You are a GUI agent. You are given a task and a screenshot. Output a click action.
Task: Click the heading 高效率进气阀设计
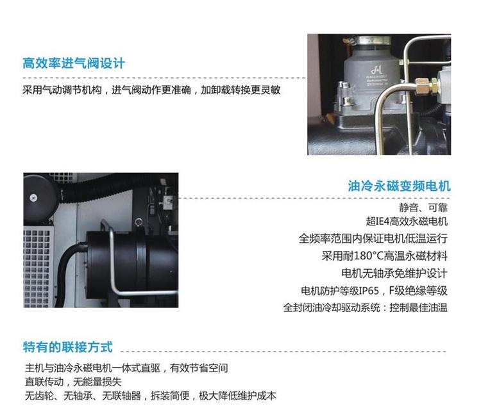click(x=74, y=63)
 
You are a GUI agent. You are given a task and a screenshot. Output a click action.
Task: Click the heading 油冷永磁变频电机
click(x=399, y=186)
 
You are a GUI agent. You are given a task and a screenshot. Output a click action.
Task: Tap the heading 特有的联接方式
click(x=68, y=347)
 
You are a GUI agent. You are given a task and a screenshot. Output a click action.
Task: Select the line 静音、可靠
click(x=423, y=207)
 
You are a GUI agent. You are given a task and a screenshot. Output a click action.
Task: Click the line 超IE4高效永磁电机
click(x=407, y=221)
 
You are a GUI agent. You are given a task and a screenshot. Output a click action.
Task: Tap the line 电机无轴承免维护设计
click(x=394, y=273)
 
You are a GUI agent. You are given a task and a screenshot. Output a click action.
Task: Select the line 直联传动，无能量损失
click(x=73, y=382)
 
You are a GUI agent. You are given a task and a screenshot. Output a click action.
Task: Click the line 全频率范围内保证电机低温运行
click(x=373, y=239)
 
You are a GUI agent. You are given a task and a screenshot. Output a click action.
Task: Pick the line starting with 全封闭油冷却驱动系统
click(x=366, y=307)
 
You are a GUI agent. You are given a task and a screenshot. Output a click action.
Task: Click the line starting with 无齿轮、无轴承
click(x=150, y=396)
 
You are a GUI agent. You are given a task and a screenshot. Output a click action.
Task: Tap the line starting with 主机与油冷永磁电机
click(x=126, y=368)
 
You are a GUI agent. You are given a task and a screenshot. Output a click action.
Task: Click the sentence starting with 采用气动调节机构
click(x=151, y=90)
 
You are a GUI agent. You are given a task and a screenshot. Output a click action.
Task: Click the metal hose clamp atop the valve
click(x=372, y=40)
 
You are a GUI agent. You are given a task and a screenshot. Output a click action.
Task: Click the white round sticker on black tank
click(x=33, y=198)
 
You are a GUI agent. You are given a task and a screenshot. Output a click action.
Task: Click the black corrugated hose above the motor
click(x=101, y=187)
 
